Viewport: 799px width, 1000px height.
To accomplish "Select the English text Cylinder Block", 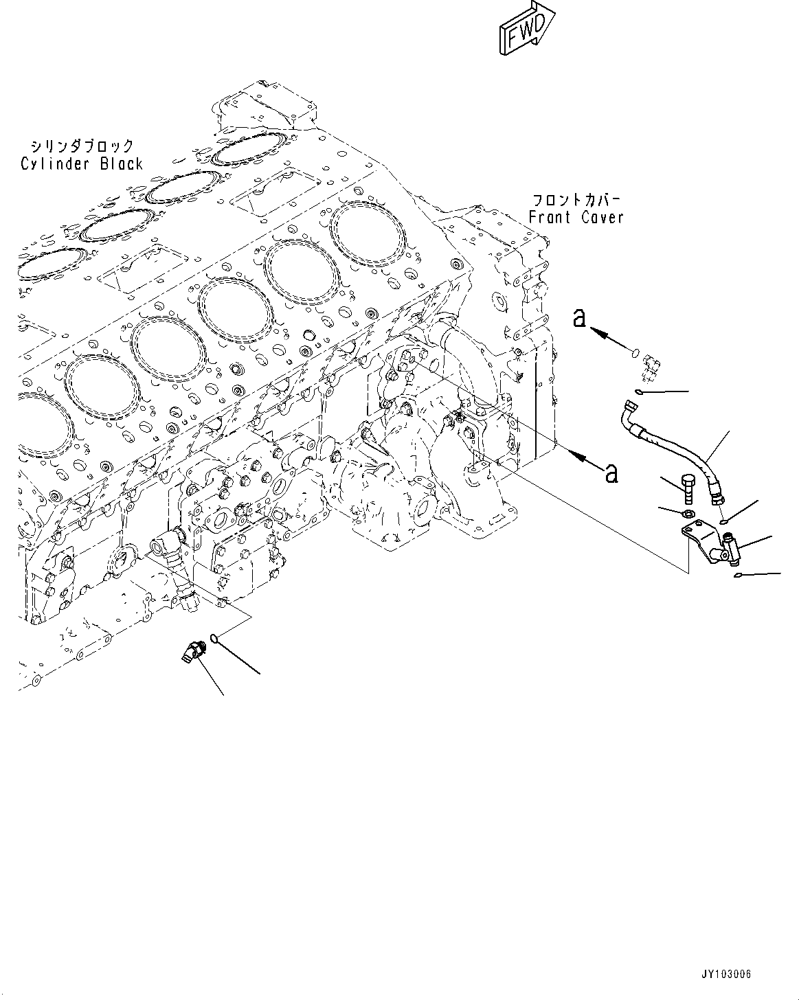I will coord(81,164).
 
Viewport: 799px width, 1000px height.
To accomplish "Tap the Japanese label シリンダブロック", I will coord(81,146).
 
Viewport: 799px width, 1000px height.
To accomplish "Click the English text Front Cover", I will coord(576,218).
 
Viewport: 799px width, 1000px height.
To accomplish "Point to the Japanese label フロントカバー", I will coord(576,201).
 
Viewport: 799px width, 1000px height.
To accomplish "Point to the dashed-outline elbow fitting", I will coord(649,363).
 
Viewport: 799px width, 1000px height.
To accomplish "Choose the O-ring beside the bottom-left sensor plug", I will coord(215,639).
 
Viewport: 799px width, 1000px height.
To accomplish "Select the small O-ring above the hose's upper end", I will coord(638,392).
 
